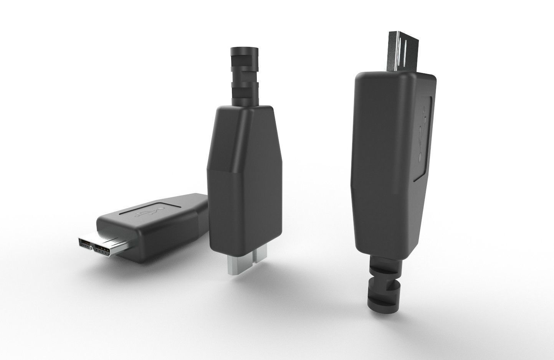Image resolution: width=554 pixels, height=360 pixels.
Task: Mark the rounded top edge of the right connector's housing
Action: [384, 74]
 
